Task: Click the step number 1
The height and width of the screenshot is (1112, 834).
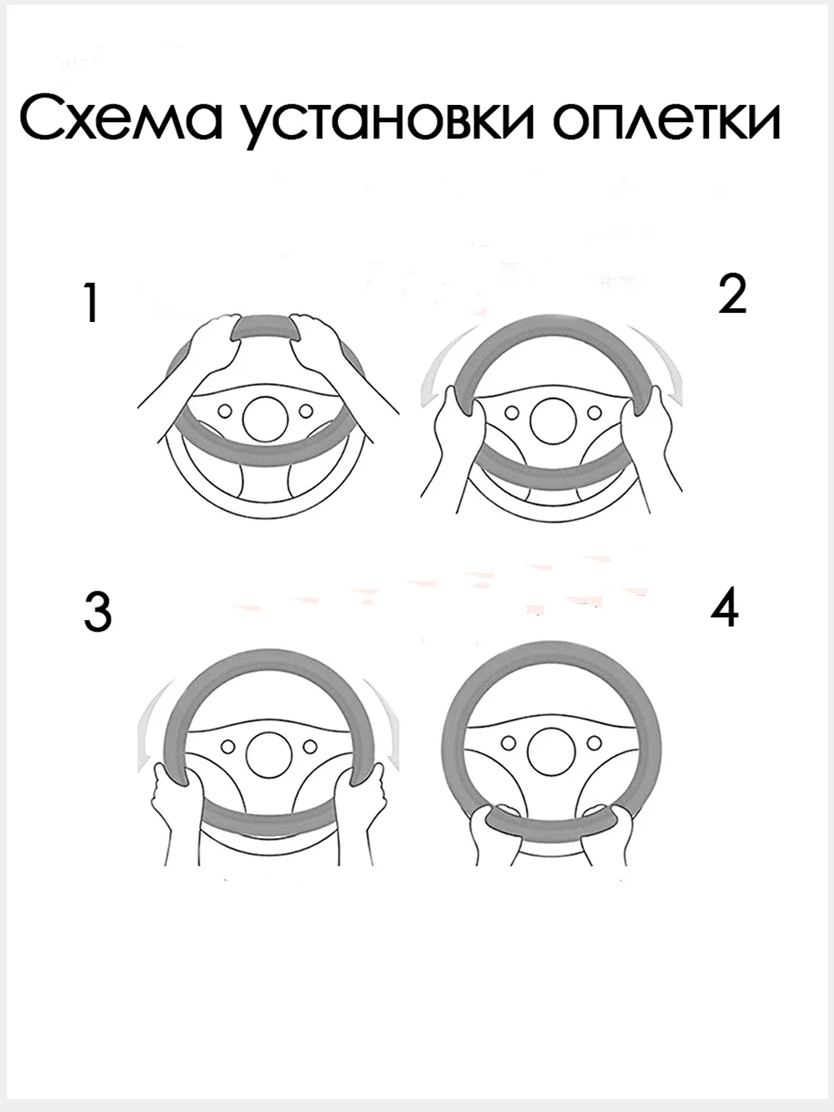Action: pyautogui.click(x=91, y=303)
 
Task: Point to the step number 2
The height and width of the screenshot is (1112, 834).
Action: pyautogui.click(x=732, y=293)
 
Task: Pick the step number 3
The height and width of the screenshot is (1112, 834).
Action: pyautogui.click(x=98, y=612)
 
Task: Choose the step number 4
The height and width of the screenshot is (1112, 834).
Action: pyautogui.click(x=724, y=608)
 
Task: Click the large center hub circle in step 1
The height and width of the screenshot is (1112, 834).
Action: pyautogui.click(x=265, y=419)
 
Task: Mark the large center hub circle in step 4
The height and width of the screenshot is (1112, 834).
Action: pyautogui.click(x=551, y=753)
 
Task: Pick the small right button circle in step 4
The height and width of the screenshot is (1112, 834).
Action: pyautogui.click(x=595, y=743)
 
